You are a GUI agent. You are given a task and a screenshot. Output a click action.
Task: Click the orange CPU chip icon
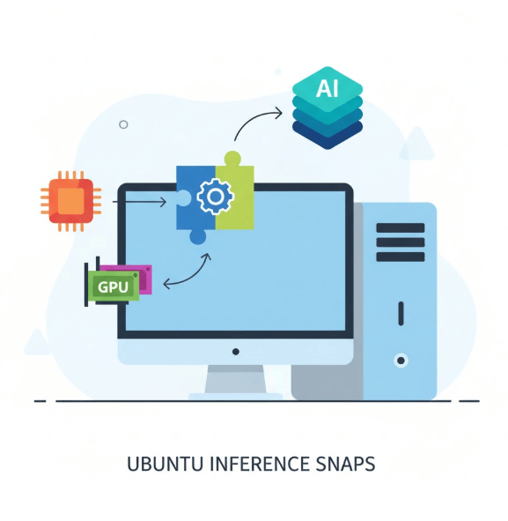(x=71, y=201)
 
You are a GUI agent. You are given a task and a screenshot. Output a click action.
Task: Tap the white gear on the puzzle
(x=216, y=197)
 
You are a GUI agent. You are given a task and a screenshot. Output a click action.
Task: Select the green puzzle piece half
(x=234, y=193)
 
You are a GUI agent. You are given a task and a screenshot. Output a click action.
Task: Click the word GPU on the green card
(x=113, y=287)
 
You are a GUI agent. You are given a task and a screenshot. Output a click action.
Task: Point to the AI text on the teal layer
(x=328, y=88)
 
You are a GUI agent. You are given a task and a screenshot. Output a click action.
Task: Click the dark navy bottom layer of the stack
(x=328, y=136)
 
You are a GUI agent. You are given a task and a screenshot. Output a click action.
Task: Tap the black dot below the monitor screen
(x=236, y=352)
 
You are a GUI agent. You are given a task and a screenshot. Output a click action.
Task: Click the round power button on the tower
(x=401, y=361)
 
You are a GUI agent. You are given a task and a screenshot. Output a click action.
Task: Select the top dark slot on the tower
(x=401, y=228)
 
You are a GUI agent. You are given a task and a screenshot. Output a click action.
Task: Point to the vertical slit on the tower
(x=401, y=313)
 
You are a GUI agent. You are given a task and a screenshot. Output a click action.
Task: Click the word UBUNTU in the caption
(x=165, y=464)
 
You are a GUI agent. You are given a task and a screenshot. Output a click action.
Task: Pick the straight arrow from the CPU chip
(x=139, y=202)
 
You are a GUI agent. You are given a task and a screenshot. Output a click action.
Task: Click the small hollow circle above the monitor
(x=123, y=124)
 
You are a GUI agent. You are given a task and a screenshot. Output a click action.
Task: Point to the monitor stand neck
(x=236, y=379)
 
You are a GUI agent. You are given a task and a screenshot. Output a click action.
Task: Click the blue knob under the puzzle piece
(x=198, y=237)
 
